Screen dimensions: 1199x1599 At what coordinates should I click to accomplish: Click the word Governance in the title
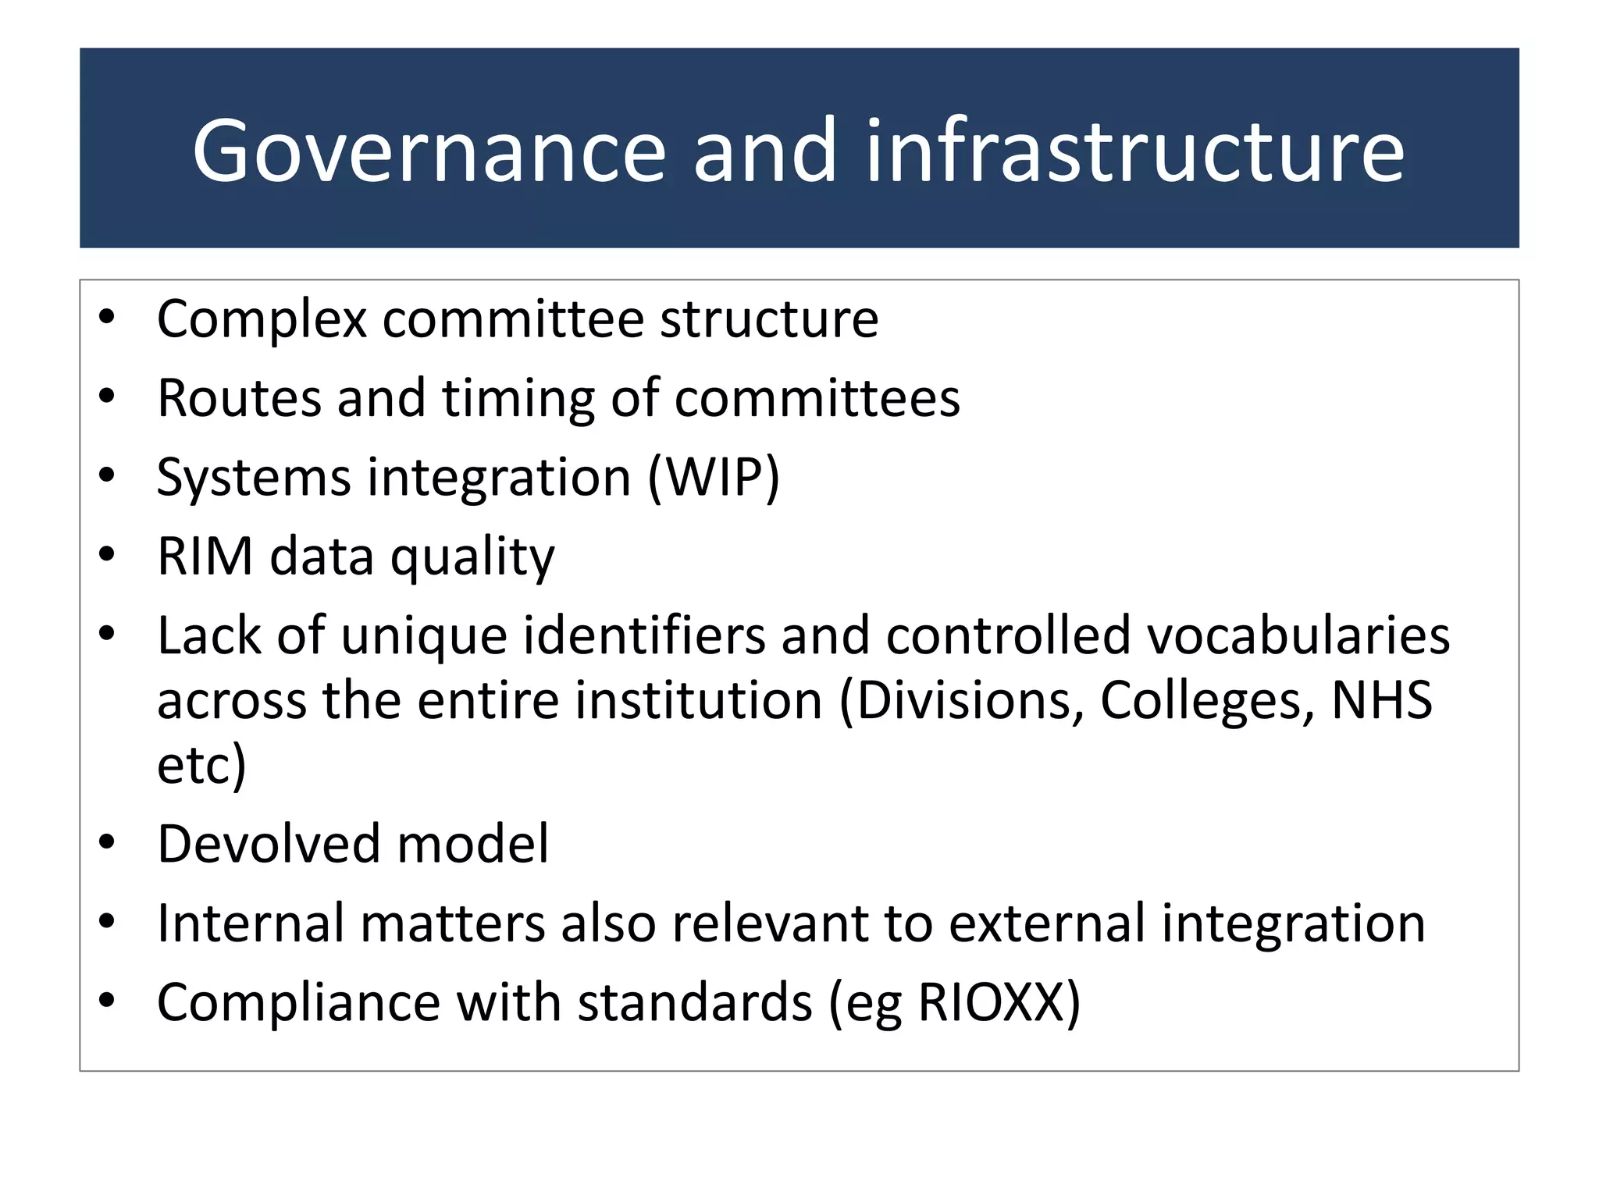coord(429,150)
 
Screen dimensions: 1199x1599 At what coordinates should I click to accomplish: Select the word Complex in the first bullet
coord(262,319)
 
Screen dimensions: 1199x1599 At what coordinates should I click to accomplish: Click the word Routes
coord(239,398)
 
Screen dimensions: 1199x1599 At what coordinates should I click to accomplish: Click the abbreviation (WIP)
coord(714,478)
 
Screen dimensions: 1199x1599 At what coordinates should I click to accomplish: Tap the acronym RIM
coord(205,557)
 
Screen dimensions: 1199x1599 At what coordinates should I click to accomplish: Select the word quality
coord(472,558)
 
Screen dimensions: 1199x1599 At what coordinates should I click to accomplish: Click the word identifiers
coord(644,635)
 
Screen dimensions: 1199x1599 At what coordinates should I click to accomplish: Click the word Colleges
coord(1207,701)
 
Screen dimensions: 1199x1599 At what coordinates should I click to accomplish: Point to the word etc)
coord(201,765)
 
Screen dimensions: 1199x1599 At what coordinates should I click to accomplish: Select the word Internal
coord(250,923)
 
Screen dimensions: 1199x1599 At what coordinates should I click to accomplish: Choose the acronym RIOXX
coord(992,1002)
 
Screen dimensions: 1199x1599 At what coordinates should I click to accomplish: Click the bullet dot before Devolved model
coord(107,843)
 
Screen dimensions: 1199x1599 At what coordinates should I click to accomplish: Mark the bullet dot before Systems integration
coord(107,475)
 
